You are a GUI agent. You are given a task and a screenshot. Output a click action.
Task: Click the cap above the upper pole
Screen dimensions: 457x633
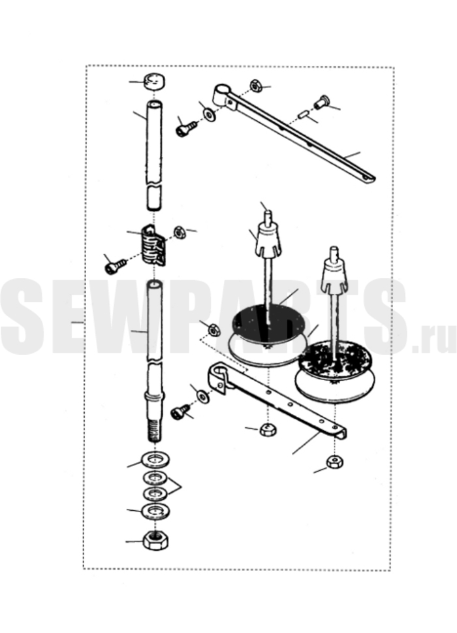pos(155,81)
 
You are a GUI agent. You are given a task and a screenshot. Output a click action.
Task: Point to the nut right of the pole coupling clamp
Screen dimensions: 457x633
pos(180,233)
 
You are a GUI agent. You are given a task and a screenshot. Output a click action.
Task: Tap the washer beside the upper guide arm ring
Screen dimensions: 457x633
pos(209,115)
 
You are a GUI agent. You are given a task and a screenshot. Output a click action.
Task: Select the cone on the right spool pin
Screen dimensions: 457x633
pos(334,276)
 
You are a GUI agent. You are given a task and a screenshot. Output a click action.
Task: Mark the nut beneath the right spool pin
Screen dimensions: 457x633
pos(335,461)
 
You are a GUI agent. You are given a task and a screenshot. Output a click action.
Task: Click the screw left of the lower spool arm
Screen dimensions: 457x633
pos(180,412)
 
